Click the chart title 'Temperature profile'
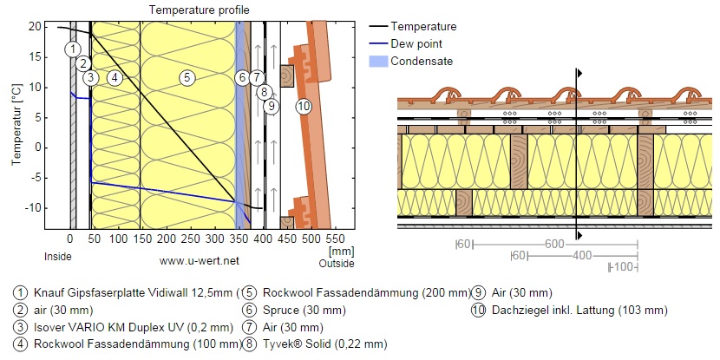199,10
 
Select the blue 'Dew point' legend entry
416,43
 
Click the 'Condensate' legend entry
422,61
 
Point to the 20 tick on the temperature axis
36,27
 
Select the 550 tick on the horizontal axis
334,238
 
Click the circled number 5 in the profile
186,78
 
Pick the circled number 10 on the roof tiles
303,107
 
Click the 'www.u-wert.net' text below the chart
200,259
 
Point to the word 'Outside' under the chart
337,262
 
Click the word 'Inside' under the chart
58,257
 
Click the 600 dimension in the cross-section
554,244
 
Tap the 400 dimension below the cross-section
582,256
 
